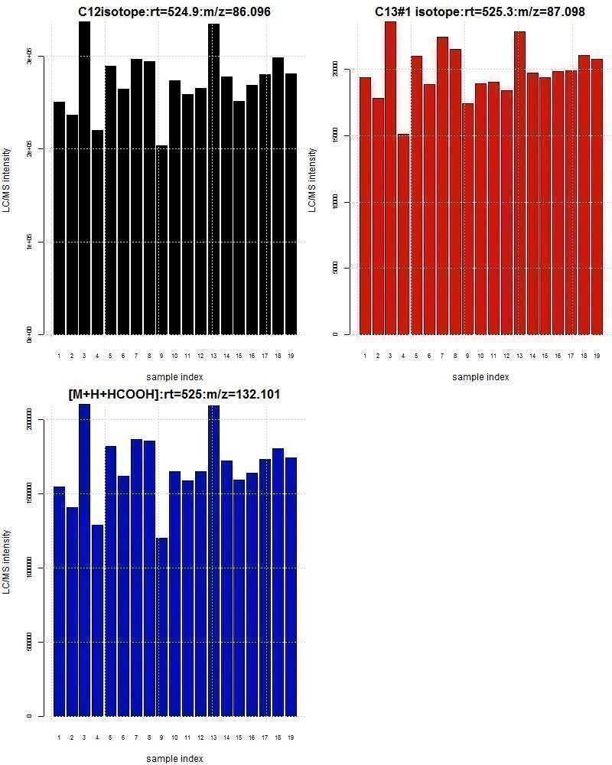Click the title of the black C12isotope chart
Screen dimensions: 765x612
coord(174,11)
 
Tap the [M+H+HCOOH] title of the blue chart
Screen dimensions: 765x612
coord(174,394)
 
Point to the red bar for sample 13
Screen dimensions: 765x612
coord(519,183)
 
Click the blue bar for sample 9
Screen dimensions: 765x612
coord(161,627)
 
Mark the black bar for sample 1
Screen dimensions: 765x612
coord(59,218)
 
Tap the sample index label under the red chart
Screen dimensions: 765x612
coord(480,376)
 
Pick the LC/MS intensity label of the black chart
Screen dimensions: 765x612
coord(7,180)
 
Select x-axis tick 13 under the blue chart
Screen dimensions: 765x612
coord(213,737)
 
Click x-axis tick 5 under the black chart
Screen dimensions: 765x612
coord(110,356)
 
